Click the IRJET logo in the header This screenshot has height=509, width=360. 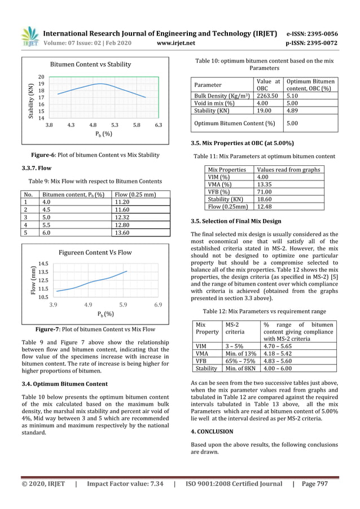pyautogui.click(x=29, y=37)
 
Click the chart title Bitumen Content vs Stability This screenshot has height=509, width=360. pyautogui.click(x=91, y=64)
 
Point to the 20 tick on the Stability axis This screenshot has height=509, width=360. pyautogui.click(x=41, y=77)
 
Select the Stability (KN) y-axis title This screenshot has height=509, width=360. pyautogui.click(x=32, y=100)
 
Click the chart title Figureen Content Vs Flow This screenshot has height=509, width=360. pyautogui.click(x=95, y=252)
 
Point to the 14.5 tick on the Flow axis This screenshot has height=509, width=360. pyautogui.click(x=43, y=264)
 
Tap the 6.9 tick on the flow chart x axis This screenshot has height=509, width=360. pyautogui.click(x=158, y=305)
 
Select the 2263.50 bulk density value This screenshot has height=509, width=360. pyautogui.click(x=269, y=95)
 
